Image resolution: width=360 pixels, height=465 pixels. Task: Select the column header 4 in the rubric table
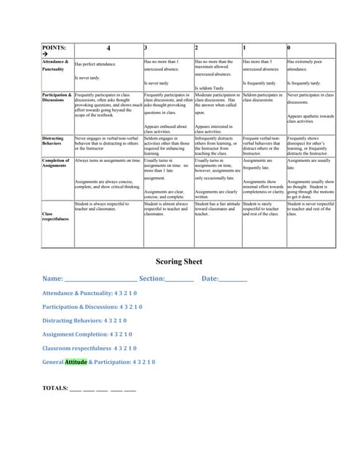108,48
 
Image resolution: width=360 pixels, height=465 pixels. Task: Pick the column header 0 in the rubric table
289,48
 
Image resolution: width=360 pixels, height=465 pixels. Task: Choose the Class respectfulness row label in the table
56,215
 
